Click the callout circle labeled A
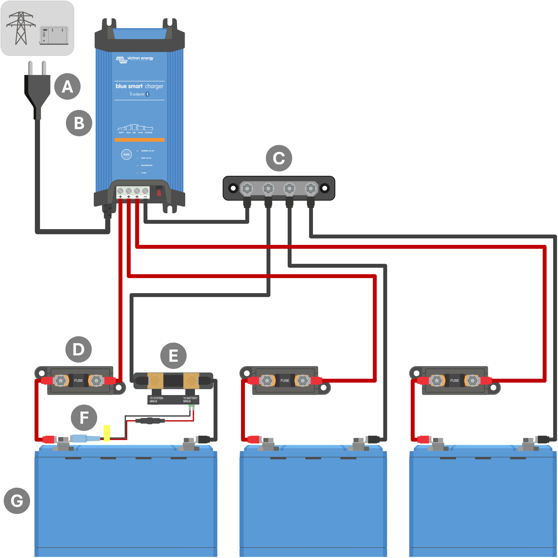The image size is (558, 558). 67,86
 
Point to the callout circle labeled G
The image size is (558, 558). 17,500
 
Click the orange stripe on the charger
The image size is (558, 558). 139,140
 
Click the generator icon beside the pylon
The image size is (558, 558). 54,35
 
